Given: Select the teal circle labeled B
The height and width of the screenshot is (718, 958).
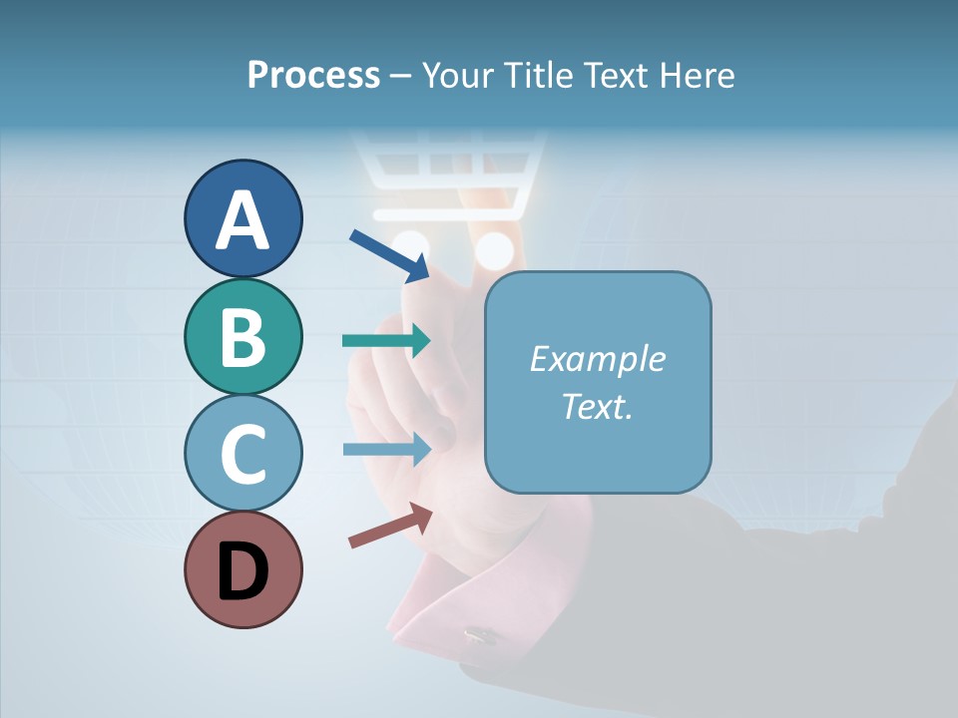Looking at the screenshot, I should click(242, 336).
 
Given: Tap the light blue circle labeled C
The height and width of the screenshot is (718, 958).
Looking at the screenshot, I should click(242, 453).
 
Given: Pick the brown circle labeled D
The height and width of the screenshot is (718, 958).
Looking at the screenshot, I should click(242, 569).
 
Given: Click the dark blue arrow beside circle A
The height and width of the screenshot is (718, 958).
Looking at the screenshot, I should click(389, 254).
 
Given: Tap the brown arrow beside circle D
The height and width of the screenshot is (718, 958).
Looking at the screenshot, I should click(390, 526).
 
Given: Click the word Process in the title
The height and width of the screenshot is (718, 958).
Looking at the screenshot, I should click(313, 76).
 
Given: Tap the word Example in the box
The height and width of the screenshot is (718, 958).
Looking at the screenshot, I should click(597, 359).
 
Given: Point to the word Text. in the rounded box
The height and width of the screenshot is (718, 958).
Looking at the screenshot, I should click(597, 407).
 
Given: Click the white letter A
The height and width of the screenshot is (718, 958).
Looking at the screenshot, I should click(242, 220).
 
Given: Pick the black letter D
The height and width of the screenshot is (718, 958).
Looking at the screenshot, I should click(242, 571).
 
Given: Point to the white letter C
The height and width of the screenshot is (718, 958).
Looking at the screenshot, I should click(242, 455).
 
